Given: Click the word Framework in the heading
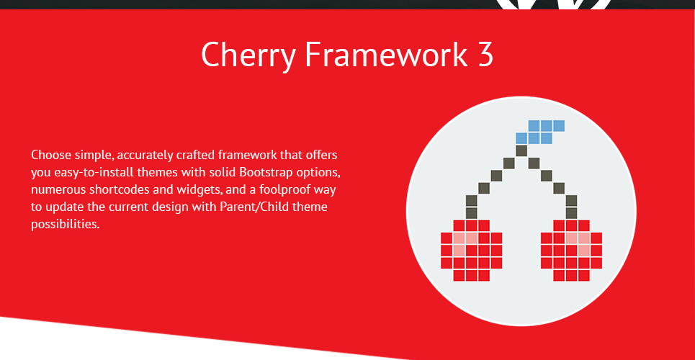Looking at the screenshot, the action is [x=386, y=54].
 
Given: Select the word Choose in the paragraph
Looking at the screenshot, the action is [x=49, y=156].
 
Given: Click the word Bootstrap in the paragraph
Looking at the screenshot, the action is [x=264, y=173].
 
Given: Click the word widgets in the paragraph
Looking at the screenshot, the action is [x=199, y=190].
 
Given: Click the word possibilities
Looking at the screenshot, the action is [x=65, y=224].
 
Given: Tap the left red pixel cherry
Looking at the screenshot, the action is [x=471, y=251].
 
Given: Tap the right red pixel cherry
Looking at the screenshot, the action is [x=572, y=251].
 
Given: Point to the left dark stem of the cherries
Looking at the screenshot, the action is [x=496, y=181].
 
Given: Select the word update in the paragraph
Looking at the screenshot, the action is [x=63, y=207].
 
